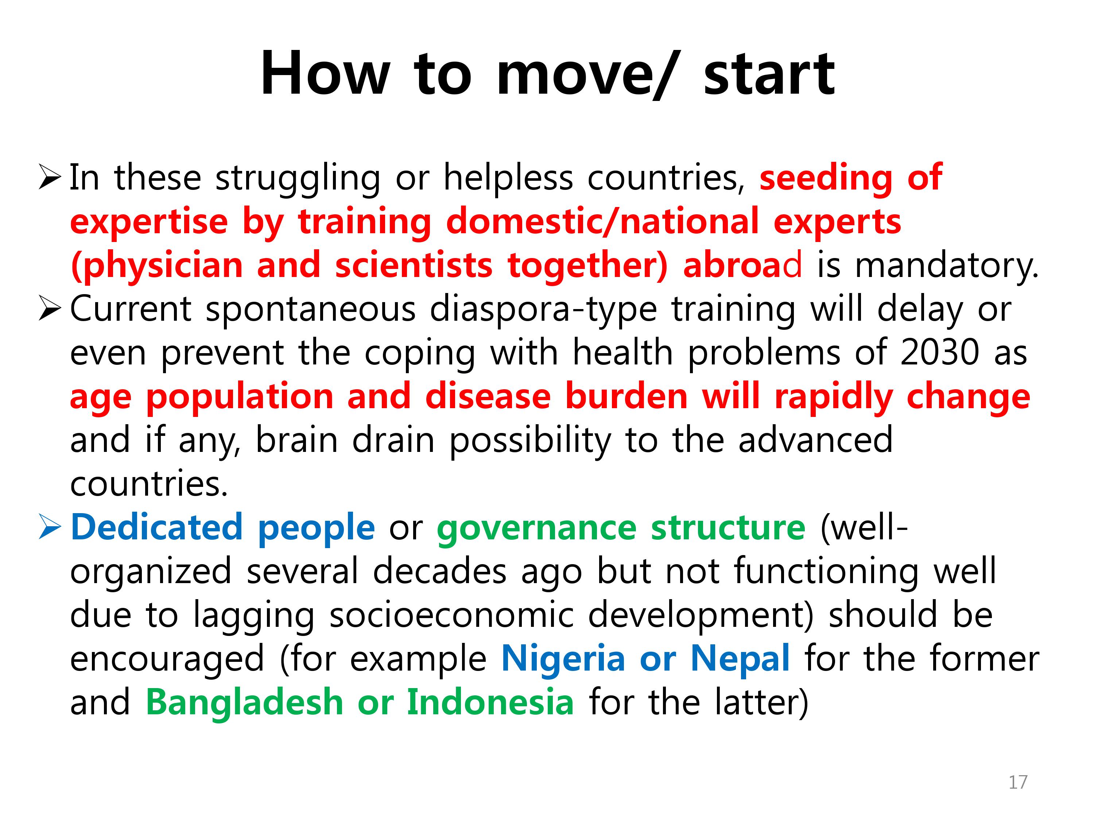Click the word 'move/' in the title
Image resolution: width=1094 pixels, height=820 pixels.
tap(586, 74)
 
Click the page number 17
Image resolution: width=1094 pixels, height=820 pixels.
tap(1018, 782)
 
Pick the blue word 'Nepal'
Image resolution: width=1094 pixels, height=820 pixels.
tap(740, 659)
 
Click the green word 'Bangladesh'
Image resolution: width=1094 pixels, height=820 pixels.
tap(244, 702)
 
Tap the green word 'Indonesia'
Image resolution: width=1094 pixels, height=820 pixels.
tap(490, 702)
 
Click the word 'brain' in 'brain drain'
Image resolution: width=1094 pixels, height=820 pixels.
tap(296, 440)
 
